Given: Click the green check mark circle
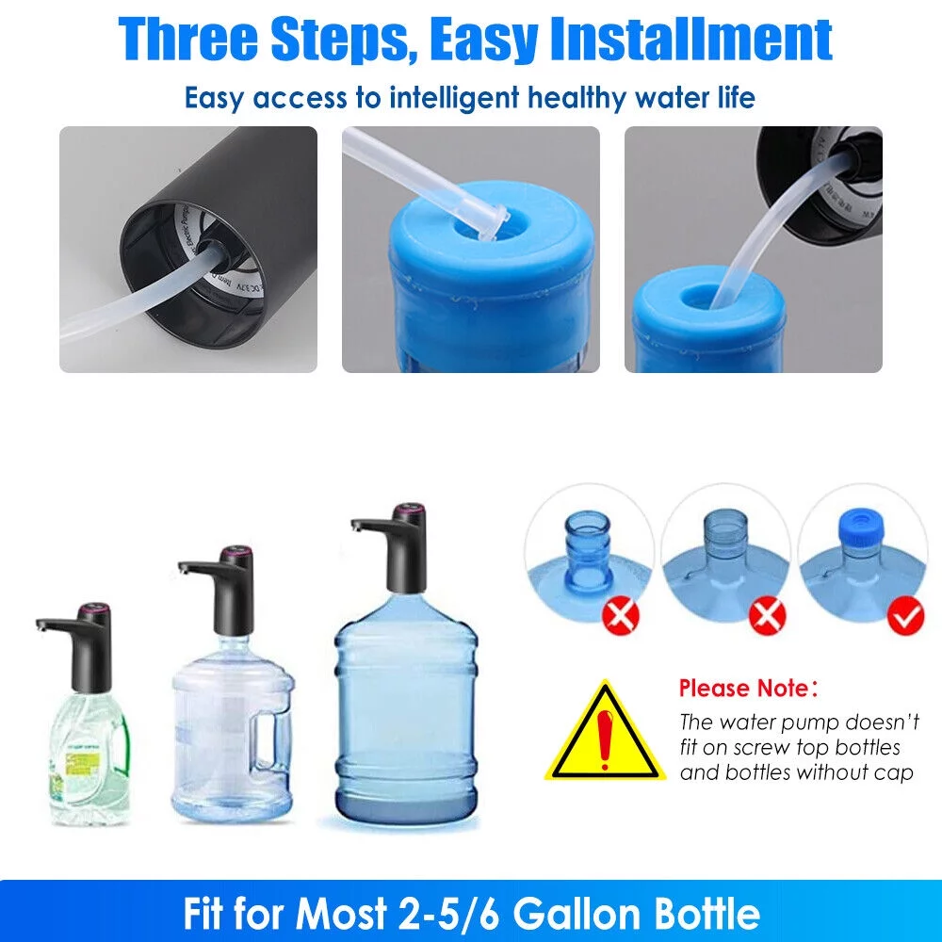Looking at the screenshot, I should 907,617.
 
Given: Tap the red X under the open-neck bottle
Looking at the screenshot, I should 622,617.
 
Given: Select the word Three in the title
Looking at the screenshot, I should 188,39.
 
